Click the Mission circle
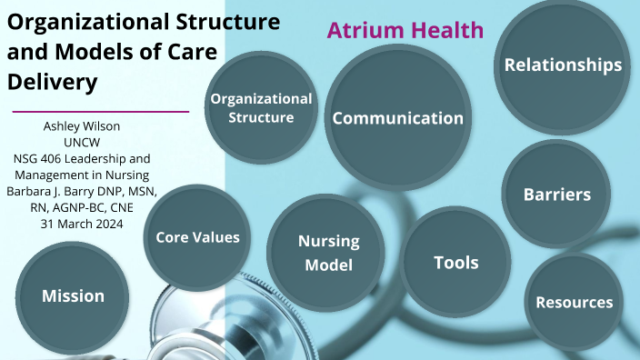(73, 295)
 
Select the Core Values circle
(197, 236)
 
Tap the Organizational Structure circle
(261, 107)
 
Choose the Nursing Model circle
(329, 253)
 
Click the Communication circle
(397, 118)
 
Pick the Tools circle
(455, 263)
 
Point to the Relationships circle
(563, 65)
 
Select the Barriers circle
(557, 194)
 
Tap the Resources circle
(574, 302)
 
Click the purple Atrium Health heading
(405, 30)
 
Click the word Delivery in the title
(52, 82)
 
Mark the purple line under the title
(100, 111)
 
